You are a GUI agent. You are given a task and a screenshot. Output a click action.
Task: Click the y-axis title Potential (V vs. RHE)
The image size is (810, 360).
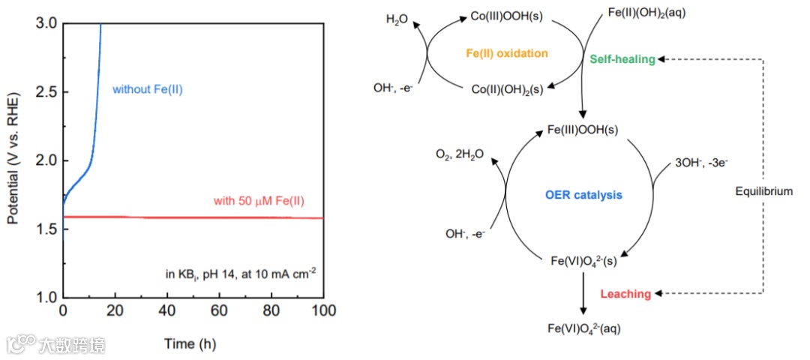coord(13,160)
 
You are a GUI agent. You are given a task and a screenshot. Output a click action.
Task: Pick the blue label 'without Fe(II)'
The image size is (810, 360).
coord(148,90)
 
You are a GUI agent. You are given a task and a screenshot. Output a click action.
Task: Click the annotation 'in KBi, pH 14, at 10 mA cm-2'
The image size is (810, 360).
coord(240,274)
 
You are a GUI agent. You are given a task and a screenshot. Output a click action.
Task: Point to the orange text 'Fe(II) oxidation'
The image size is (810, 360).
coord(508,53)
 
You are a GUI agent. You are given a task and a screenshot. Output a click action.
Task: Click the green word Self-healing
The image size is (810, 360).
coord(622,58)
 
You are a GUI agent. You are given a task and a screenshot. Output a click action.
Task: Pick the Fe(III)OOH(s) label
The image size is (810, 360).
coord(583,130)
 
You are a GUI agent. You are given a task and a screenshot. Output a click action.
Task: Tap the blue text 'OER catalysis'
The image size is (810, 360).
coord(583,196)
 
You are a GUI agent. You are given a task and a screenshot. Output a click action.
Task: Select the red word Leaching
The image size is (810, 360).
coord(625,294)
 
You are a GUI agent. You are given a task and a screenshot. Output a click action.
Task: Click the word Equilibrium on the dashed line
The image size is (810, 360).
coord(763,192)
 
